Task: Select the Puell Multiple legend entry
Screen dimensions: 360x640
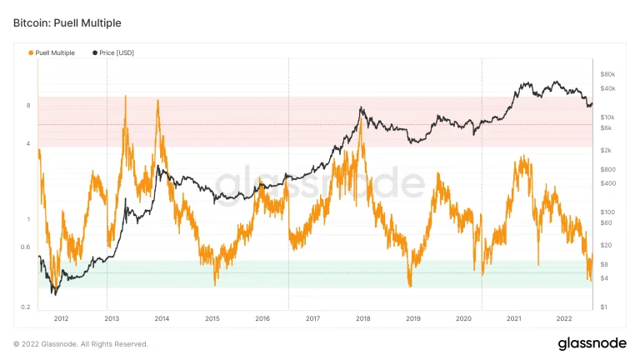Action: [55, 52]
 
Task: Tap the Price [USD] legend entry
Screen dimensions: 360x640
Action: [117, 52]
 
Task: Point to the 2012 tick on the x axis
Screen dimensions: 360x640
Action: [61, 318]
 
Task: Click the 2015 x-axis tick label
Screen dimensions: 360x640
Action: [212, 318]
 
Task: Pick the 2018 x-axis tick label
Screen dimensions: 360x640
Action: [363, 318]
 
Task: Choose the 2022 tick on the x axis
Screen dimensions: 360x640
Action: [564, 318]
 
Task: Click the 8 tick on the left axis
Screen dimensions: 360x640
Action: [29, 106]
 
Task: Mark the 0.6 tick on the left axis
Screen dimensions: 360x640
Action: [27, 247]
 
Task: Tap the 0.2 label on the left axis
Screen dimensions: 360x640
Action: [27, 307]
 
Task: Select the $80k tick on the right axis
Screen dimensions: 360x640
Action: [607, 74]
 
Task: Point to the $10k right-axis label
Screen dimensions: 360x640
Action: [607, 117]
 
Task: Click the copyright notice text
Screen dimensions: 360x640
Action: [81, 343]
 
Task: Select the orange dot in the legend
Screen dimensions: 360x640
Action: [31, 52]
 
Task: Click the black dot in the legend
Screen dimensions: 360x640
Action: [95, 52]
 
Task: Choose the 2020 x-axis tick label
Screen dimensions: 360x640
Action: [463, 318]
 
